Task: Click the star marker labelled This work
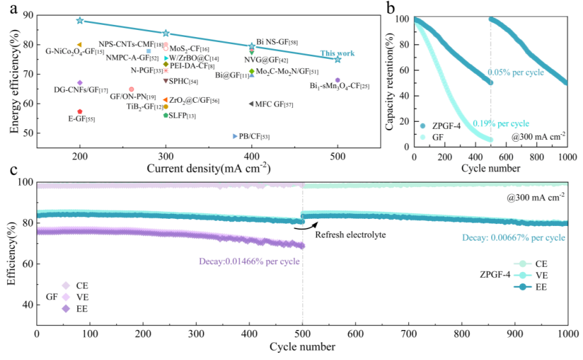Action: [337, 59]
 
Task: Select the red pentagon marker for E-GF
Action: [80, 111]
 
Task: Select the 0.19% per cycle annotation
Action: [501, 123]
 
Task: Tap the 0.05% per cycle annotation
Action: [516, 72]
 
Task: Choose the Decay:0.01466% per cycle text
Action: [249, 260]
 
